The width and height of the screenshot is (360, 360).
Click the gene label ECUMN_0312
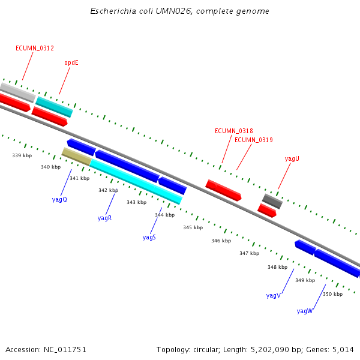pyautogui.click(x=35, y=48)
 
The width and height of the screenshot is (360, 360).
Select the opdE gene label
pyautogui.click(x=71, y=62)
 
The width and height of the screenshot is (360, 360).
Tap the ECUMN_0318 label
pyautogui.click(x=233, y=131)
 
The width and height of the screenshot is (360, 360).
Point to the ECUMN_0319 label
pyautogui.click(x=253, y=140)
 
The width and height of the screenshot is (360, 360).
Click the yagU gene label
pyautogui.click(x=292, y=158)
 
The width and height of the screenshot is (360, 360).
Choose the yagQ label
pyautogui.click(x=59, y=199)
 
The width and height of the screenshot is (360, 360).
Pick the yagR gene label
pyautogui.click(x=104, y=218)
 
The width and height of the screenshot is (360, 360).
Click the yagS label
pyautogui.click(x=149, y=237)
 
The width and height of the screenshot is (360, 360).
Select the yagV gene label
pyautogui.click(x=273, y=295)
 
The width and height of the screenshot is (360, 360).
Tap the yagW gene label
pyautogui.click(x=304, y=311)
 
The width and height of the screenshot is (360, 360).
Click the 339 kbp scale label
pyautogui.click(x=22, y=155)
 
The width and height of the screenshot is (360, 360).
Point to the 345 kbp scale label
pyautogui.click(x=193, y=227)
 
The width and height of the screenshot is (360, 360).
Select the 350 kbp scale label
pyautogui.click(x=332, y=294)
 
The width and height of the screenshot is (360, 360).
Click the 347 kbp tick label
pyautogui.click(x=249, y=253)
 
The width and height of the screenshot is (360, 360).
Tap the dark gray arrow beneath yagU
pyautogui.click(x=272, y=201)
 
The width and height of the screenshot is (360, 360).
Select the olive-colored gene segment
pyautogui.click(x=76, y=156)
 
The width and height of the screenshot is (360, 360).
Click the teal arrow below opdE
pyautogui.click(x=54, y=107)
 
